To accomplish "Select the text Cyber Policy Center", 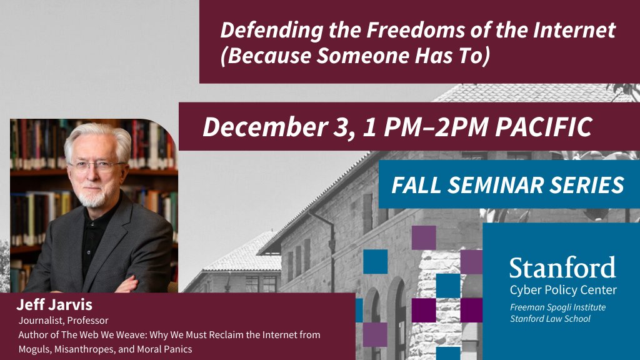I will (x=562, y=290).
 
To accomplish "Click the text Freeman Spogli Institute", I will (x=557, y=307).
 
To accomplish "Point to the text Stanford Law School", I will (x=550, y=319).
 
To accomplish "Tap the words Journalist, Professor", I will (x=63, y=321).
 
